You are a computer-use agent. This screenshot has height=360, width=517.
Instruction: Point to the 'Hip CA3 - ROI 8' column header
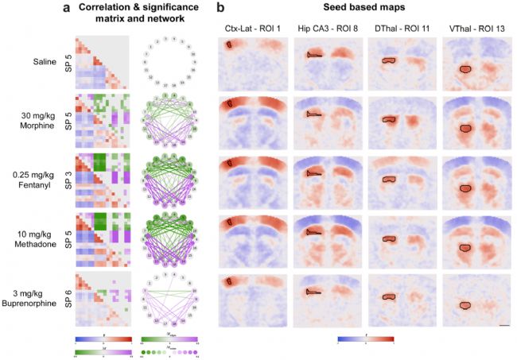[x=326, y=30]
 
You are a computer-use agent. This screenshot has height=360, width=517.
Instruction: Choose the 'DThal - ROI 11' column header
[x=402, y=30]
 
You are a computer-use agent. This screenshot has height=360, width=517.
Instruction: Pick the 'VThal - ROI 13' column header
[x=476, y=30]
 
